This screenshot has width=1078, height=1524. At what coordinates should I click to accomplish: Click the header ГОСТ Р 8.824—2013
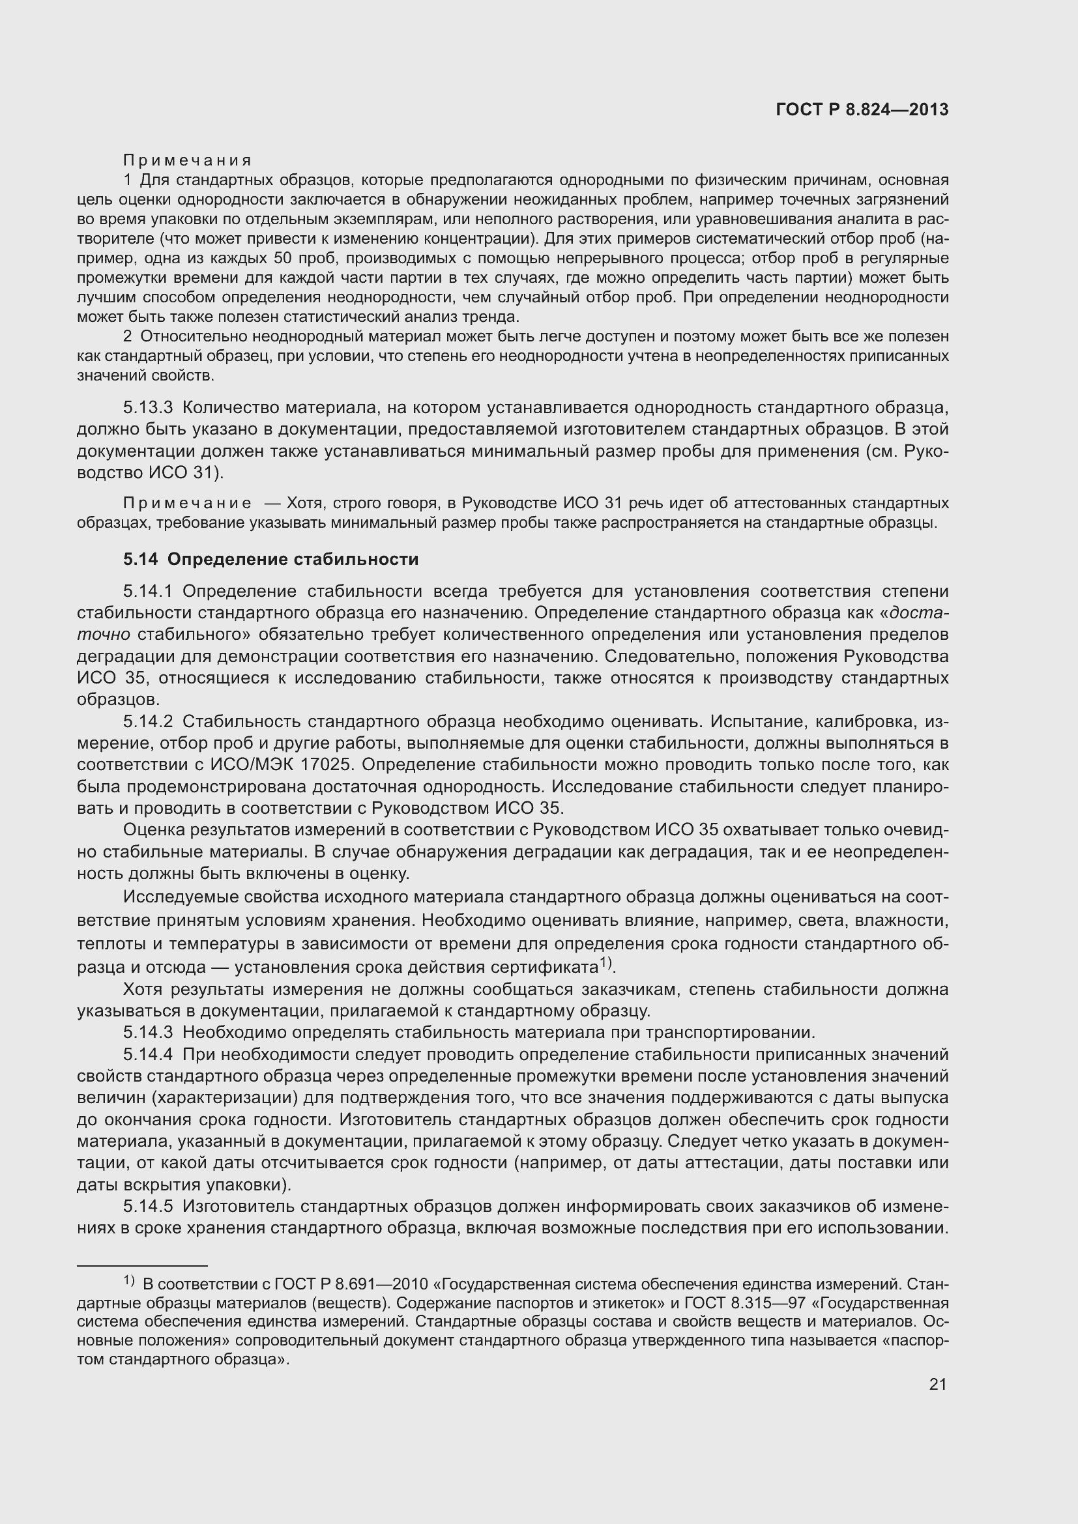(x=862, y=110)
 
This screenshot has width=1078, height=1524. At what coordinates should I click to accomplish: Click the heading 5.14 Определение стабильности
(x=271, y=560)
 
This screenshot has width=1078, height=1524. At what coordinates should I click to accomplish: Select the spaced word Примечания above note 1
(x=187, y=161)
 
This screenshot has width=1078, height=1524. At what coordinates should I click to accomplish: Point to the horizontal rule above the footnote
(x=142, y=1266)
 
